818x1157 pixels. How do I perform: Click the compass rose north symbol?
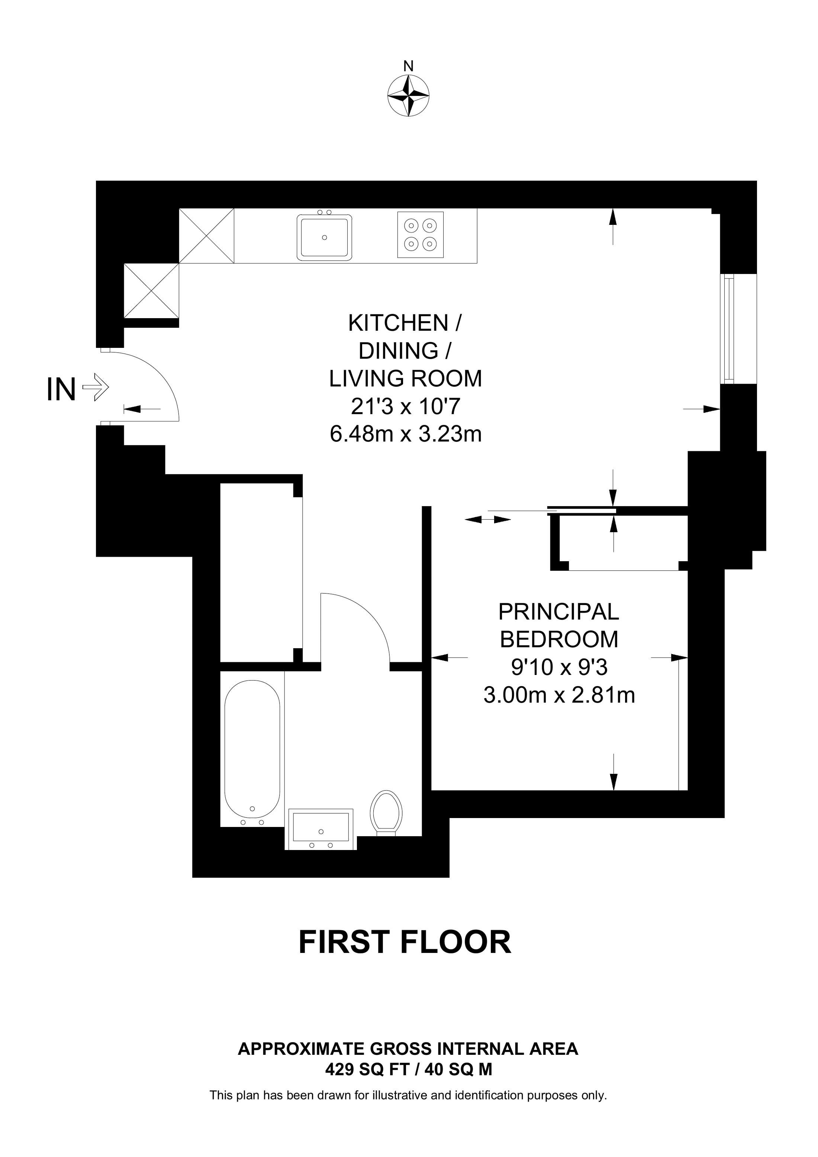tap(408, 96)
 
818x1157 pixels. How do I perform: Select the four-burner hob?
tap(420, 235)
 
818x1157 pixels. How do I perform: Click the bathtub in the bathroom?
tap(252, 749)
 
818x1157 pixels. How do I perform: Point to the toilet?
tap(386, 813)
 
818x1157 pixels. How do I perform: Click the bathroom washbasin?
tap(321, 828)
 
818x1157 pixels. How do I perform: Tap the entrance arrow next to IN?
tap(95, 387)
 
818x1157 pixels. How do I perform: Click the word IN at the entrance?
tap(61, 390)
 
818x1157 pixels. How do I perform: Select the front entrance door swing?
tap(151, 383)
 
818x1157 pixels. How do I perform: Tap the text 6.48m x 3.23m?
tap(406, 434)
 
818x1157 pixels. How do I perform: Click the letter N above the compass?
tap(408, 66)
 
